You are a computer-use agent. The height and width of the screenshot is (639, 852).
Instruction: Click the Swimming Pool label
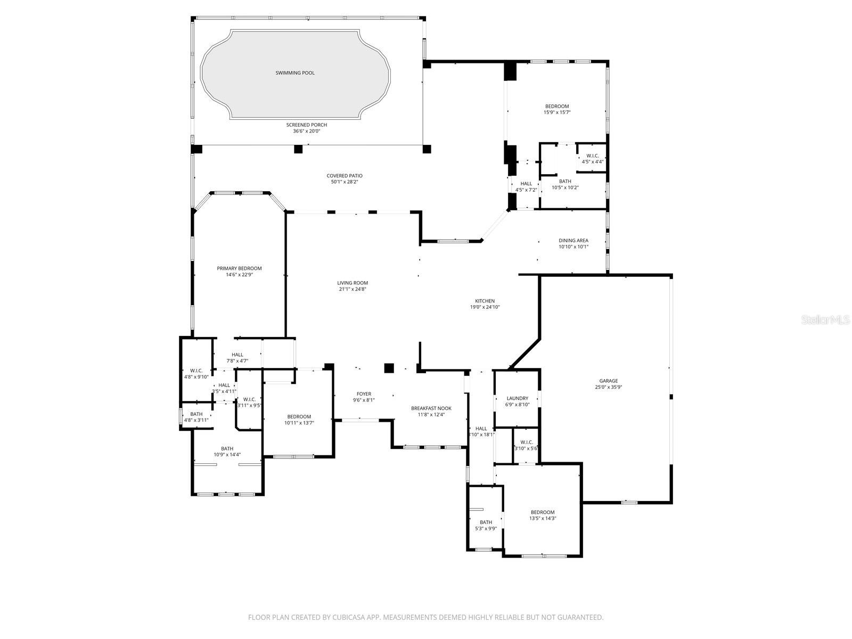[295, 72]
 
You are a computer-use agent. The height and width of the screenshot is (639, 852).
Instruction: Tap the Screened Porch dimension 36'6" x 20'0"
[310, 131]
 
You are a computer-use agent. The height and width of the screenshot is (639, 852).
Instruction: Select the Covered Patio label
[345, 176]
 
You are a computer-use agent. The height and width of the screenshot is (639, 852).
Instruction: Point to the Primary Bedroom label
[239, 268]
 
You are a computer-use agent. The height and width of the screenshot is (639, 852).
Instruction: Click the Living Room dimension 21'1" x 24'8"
[353, 289]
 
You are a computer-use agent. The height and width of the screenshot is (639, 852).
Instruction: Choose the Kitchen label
[485, 301]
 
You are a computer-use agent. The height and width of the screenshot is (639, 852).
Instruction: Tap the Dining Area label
[574, 240]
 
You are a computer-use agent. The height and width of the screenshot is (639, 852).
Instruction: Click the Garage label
[608, 381]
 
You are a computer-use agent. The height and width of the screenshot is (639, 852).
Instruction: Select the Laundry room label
[517, 398]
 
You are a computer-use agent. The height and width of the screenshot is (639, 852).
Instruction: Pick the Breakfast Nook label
[431, 408]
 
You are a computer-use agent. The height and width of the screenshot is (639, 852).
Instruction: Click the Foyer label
[364, 394]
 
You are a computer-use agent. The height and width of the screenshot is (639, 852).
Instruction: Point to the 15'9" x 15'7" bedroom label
[557, 106]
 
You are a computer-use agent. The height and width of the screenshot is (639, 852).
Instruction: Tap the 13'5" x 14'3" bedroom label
[542, 512]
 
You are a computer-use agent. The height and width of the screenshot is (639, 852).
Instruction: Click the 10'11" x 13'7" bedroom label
[299, 416]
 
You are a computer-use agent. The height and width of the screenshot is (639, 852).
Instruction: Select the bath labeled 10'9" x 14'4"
[227, 448]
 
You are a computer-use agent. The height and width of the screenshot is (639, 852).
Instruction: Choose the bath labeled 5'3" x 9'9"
[486, 522]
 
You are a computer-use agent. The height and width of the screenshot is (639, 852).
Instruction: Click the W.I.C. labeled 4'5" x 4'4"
[592, 155]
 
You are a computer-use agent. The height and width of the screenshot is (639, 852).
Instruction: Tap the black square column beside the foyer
[389, 367]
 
